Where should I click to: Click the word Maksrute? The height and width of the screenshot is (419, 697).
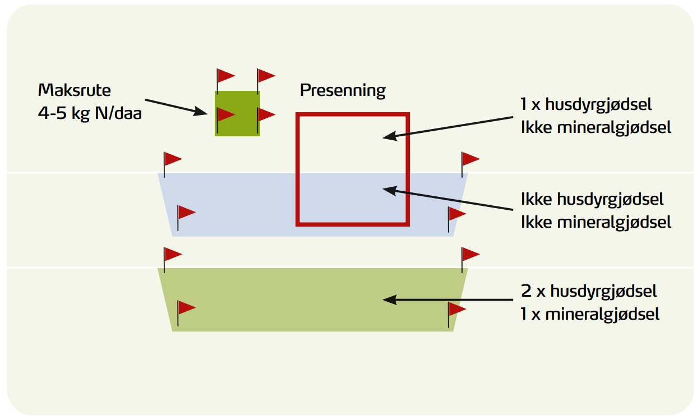(75, 90)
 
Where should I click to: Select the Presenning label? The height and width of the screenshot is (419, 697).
(343, 90)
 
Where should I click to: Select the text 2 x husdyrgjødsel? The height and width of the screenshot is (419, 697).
(589, 291)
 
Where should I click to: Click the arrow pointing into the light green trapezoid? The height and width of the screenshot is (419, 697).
(449, 300)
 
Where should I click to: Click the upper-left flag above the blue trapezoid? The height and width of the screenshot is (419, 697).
(172, 159)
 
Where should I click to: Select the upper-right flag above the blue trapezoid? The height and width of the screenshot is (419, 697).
(470, 159)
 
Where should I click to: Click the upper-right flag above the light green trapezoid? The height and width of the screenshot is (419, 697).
(470, 254)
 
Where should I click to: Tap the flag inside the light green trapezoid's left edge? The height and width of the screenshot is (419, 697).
(186, 307)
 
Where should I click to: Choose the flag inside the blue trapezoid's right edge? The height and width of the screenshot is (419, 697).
(456, 214)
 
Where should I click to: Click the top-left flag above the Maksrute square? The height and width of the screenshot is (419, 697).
(225, 75)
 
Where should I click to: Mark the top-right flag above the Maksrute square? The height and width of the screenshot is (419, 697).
(265, 75)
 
